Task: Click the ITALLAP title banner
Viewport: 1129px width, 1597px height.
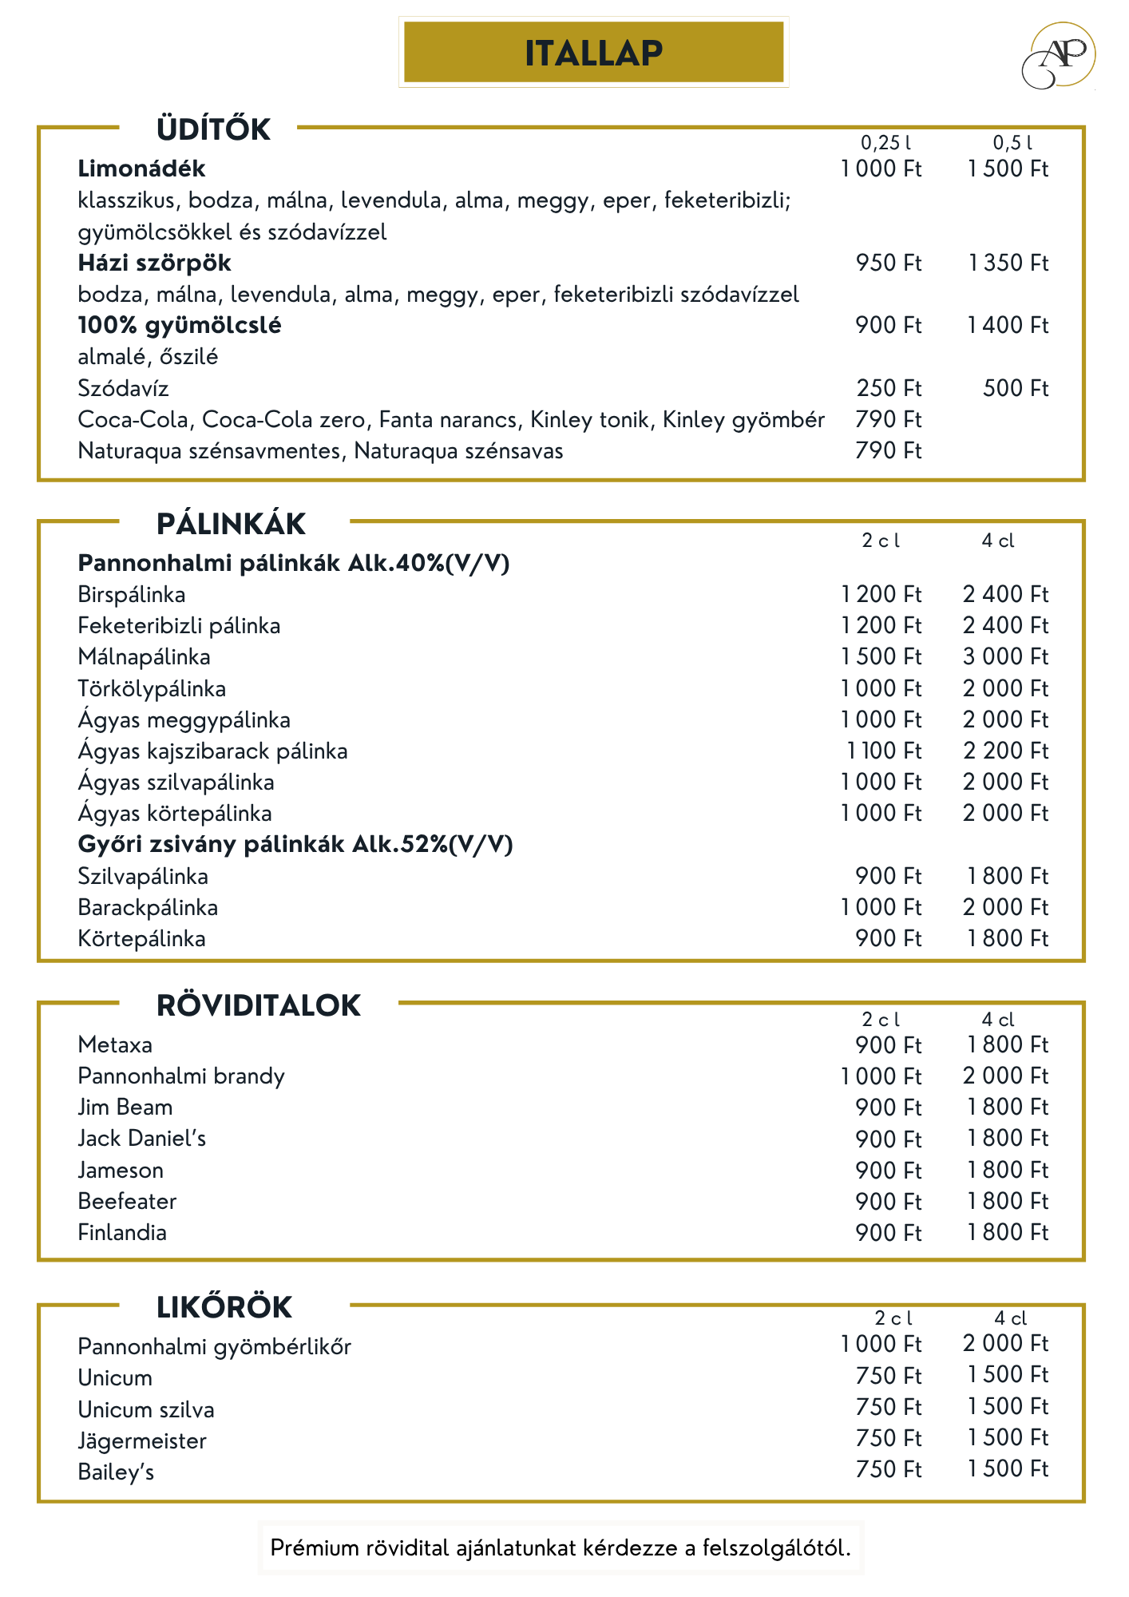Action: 593,53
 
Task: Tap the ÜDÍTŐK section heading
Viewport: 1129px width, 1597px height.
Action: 213,129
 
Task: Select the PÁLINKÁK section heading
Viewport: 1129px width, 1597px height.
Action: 231,525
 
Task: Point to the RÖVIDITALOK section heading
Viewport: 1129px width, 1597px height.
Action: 259,1006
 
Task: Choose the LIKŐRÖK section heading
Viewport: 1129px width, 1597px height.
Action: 224,1308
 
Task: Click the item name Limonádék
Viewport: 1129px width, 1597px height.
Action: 141,168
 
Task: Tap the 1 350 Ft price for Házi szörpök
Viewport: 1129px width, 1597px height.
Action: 1008,263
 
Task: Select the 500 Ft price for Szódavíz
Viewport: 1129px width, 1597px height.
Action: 1015,388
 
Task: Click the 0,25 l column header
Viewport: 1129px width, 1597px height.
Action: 885,143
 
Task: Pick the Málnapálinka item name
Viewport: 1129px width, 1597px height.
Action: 144,657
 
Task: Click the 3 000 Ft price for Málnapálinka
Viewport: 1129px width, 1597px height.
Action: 1005,656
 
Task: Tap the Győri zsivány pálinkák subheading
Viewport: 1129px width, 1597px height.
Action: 295,844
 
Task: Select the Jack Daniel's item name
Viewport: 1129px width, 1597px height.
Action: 141,1139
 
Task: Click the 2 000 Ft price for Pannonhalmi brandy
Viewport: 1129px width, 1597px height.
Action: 1005,1076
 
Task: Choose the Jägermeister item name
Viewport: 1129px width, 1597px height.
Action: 142,1441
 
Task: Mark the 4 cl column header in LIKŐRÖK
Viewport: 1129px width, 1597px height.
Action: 1010,1318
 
